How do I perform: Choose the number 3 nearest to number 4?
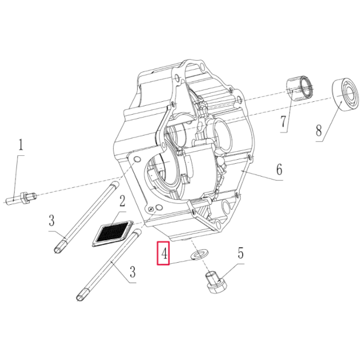coord(133,273)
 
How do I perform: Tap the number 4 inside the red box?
coord(164,254)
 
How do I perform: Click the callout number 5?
coord(240,253)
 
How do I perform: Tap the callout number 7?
coord(284,120)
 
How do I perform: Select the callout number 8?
coord(318,131)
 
